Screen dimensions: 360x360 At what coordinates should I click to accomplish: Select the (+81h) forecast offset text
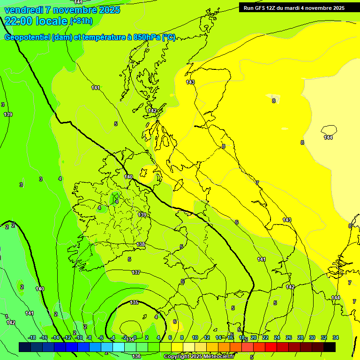[81, 21]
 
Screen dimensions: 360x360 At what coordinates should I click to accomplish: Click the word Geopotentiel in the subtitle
[27, 37]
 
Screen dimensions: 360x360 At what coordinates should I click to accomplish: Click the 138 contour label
[141, 244]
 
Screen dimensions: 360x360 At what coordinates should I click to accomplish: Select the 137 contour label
[136, 272]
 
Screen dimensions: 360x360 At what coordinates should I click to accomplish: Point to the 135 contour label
[134, 302]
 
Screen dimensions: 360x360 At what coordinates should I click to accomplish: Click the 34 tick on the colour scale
[336, 337]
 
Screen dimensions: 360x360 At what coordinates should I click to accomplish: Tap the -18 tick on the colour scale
[32, 337]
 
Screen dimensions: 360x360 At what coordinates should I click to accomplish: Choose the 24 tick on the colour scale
[277, 337]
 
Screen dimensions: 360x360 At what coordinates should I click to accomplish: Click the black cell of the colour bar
[330, 347]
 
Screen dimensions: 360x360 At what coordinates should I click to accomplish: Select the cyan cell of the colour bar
[119, 347]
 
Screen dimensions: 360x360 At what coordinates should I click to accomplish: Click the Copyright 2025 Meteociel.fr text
[199, 357]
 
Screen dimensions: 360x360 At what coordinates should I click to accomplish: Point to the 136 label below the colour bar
[136, 356]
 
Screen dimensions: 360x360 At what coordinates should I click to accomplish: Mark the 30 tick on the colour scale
[312, 337]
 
